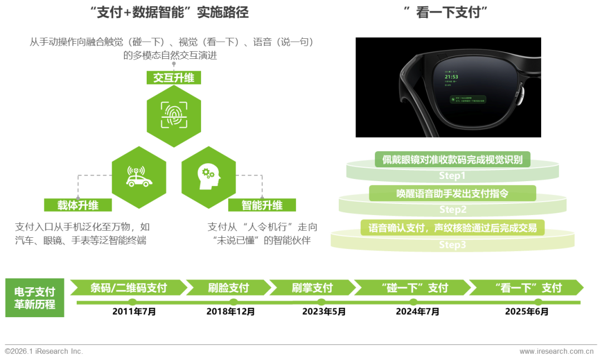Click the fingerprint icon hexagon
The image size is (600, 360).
coord(173,116)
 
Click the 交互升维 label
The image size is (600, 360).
coord(173,78)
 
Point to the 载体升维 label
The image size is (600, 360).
coord(78,206)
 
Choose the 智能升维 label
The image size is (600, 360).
coord(262,206)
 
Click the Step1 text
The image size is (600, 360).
coord(452,176)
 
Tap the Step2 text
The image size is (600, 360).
coord(452,209)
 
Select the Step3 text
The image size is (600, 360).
coord(452,244)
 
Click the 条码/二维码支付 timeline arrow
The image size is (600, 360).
coord(129,288)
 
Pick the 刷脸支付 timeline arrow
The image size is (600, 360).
coord(228,288)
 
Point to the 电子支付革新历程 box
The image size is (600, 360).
coord(34,298)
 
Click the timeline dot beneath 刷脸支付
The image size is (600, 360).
coord(233,302)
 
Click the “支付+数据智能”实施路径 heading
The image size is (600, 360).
coord(172,13)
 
